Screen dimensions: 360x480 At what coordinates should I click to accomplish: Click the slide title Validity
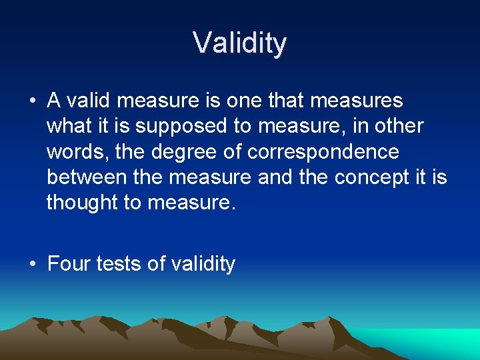pyautogui.click(x=240, y=43)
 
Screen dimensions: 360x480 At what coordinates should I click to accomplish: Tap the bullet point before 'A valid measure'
pyautogui.click(x=32, y=101)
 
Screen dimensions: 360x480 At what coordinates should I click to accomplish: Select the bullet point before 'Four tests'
pyautogui.click(x=32, y=265)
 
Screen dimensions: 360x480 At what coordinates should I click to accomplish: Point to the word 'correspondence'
pyautogui.click(x=323, y=152)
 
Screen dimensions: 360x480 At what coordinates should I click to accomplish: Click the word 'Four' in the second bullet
pyautogui.click(x=69, y=264)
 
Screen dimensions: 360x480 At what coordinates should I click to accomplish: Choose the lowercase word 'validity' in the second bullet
pyautogui.click(x=203, y=265)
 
